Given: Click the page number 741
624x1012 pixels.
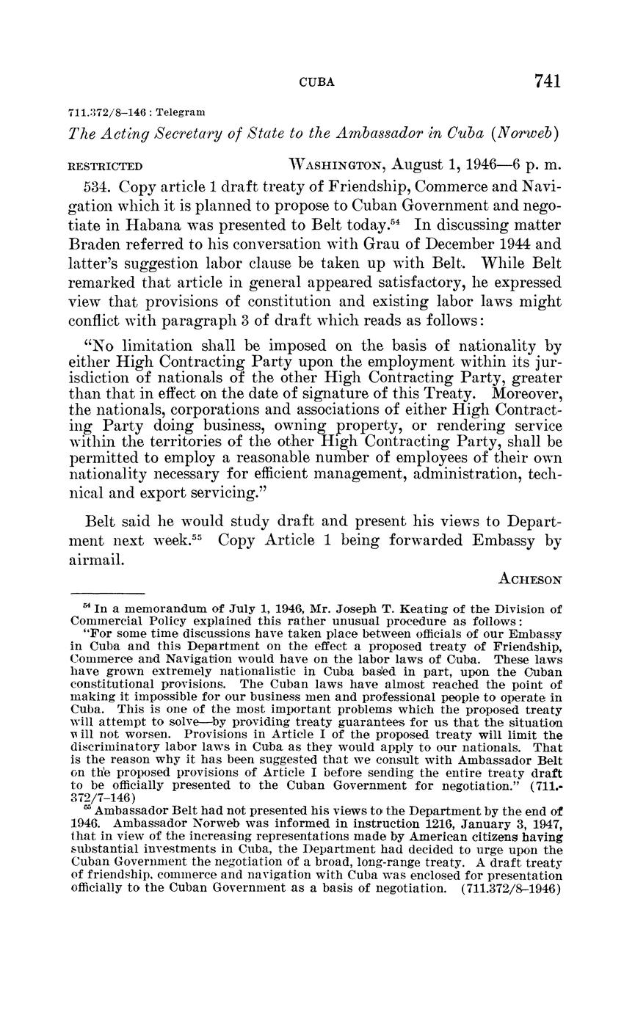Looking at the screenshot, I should tap(548, 81).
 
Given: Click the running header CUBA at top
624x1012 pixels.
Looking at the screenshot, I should tap(317, 83).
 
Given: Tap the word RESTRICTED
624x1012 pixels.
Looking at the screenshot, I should tap(105, 167).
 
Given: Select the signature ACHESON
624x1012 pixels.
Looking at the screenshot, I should tap(530, 579).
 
